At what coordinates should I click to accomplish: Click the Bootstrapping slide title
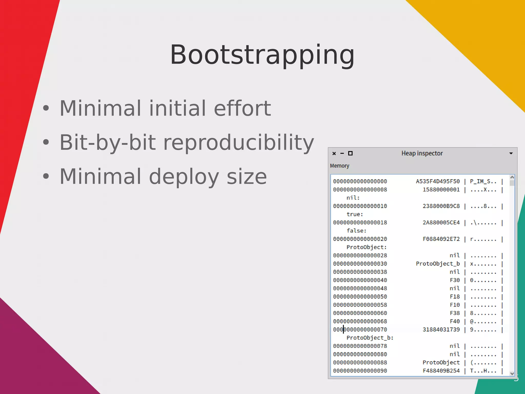[262, 55]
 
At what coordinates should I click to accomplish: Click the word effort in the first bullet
[242, 108]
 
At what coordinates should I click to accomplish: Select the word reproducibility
[238, 142]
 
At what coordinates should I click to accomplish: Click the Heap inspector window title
[422, 153]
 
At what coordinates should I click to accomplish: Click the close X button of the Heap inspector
[334, 153]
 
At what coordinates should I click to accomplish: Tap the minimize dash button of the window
[342, 153]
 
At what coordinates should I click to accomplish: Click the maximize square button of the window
[350, 153]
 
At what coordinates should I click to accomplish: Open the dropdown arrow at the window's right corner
[511, 153]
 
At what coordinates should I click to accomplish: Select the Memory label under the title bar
[339, 166]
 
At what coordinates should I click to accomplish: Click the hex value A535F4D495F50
[438, 181]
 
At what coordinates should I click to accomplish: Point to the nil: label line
[353, 198]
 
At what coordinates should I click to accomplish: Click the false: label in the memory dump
[356, 231]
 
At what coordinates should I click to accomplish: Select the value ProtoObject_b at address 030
[438, 264]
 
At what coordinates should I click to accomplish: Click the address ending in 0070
[360, 329]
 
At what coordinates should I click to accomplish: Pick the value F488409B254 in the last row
[441, 371]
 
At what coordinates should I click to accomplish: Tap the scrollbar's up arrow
[512, 177]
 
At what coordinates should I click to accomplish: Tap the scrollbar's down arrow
[512, 374]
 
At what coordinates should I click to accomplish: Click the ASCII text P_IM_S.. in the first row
[483, 181]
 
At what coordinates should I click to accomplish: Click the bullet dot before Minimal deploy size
[46, 176]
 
